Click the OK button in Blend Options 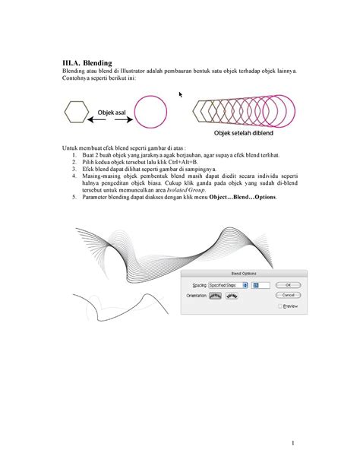(x=289, y=285)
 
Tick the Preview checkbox (x=281, y=306)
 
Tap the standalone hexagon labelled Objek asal (x=76, y=114)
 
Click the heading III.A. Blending (x=87, y=62)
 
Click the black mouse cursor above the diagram (x=181, y=94)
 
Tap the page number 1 (x=291, y=442)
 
